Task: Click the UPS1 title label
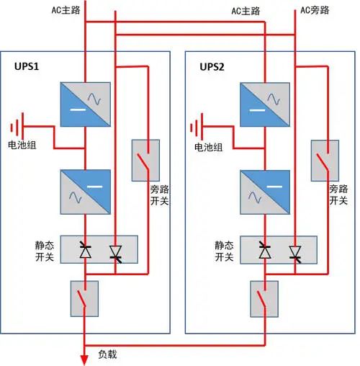point(27,66)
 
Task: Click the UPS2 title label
point(212,66)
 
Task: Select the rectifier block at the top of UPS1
point(86,104)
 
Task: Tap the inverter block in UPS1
point(86,191)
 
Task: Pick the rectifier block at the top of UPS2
point(264,104)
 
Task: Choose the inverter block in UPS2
point(264,191)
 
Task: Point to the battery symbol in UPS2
point(197,129)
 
